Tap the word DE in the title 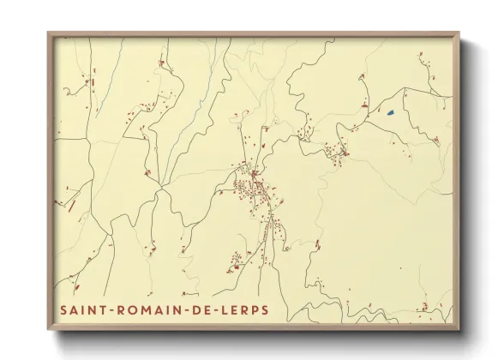point(203,309)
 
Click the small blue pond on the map point(390,112)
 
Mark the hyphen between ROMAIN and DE point(189,309)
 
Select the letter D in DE point(198,309)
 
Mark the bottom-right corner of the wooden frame point(459,329)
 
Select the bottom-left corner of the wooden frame point(49,329)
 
